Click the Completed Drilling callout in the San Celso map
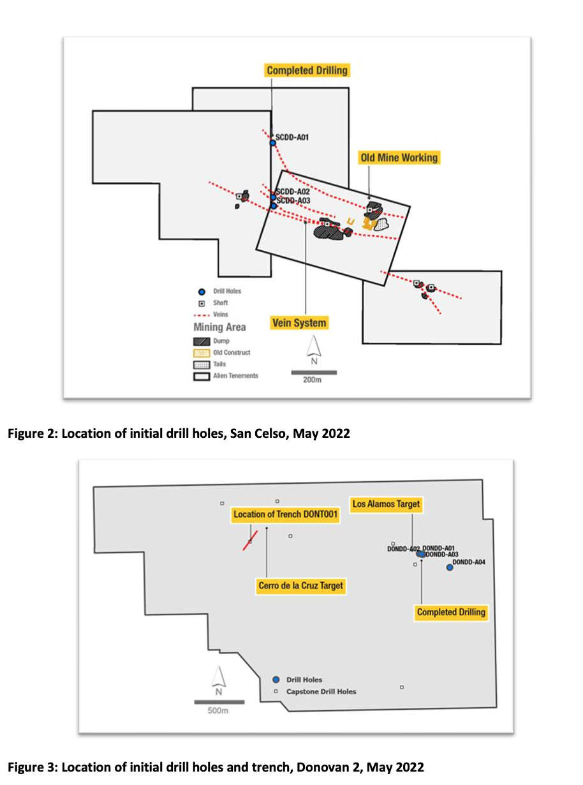(307, 70)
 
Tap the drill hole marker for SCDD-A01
(272, 143)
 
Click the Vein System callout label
(300, 323)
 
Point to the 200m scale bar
(314, 372)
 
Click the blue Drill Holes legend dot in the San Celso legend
(201, 292)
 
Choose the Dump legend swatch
(201, 341)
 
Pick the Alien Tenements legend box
(201, 376)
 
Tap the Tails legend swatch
(201, 364)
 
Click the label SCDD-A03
(293, 201)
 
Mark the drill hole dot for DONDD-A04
(450, 567)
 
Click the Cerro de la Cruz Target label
(300, 585)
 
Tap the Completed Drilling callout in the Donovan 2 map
(451, 613)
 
